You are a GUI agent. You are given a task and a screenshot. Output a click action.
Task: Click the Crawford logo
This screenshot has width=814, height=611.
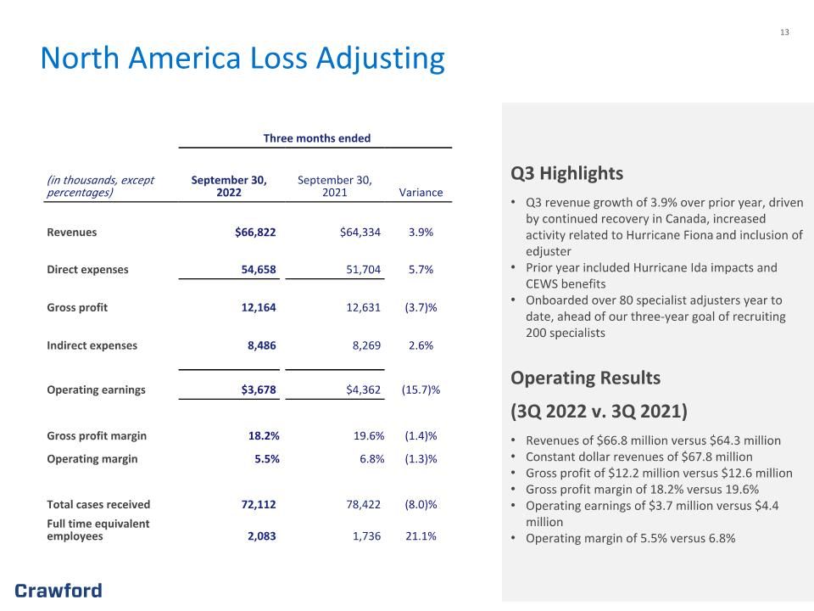tap(59, 591)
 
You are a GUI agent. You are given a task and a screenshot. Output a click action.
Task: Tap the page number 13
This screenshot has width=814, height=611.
tap(784, 32)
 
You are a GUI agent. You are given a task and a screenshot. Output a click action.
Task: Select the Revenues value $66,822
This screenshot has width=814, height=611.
tap(255, 233)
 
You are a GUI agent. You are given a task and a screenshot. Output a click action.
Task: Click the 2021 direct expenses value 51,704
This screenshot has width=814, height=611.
tap(364, 270)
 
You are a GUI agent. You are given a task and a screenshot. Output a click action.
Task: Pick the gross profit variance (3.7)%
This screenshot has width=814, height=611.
tap(421, 307)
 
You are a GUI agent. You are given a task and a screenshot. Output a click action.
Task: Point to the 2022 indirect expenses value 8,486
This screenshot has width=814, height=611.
tap(262, 345)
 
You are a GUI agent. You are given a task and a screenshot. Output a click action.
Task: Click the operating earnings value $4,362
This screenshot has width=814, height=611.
tap(364, 390)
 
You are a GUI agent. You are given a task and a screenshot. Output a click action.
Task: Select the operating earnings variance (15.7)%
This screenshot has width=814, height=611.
tap(421, 390)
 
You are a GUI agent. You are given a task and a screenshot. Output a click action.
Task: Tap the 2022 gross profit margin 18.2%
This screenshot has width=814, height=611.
tap(264, 436)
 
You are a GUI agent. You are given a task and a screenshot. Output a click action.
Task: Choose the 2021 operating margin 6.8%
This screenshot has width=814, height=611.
tap(372, 459)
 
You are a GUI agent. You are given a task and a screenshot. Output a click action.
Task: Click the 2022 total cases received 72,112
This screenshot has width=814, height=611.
tap(259, 504)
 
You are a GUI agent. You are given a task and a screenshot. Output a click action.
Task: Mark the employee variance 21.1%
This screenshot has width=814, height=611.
tap(421, 536)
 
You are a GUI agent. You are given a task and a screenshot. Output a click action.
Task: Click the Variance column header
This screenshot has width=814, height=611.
tap(421, 193)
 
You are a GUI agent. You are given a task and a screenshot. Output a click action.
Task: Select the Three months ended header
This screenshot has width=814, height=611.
tap(316, 138)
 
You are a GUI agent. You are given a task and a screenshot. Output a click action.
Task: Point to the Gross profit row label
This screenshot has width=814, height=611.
tap(77, 307)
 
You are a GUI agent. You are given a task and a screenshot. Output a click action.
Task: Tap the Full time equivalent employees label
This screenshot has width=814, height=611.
tap(98, 530)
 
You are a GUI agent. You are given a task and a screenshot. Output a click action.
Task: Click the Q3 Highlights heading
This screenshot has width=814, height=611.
tap(567, 173)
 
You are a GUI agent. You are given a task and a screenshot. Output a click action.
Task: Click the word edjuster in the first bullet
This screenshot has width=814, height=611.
tap(549, 251)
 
